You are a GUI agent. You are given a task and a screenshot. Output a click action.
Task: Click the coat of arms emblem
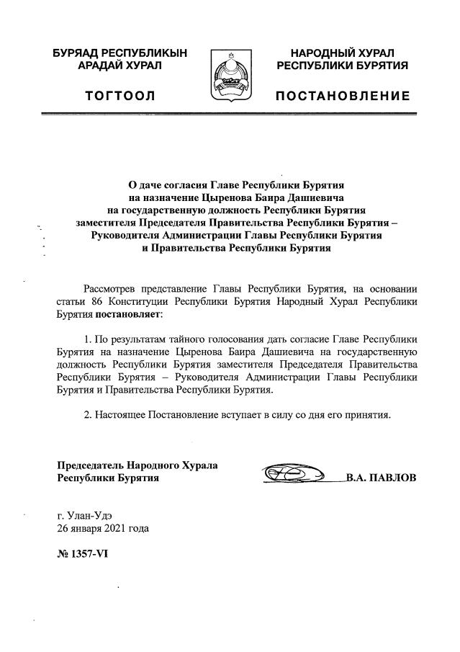(x=230, y=75)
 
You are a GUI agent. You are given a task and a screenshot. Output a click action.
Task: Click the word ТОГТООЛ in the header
(x=119, y=96)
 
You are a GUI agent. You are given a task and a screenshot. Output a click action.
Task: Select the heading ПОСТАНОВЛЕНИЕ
(x=343, y=96)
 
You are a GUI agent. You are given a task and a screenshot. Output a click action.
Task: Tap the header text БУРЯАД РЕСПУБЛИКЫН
(x=119, y=53)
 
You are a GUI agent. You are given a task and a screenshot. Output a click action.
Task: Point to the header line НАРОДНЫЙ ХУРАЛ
(x=343, y=53)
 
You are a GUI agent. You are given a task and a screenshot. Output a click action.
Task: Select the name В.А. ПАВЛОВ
(x=381, y=478)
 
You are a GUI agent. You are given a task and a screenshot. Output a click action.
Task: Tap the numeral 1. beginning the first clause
(x=89, y=338)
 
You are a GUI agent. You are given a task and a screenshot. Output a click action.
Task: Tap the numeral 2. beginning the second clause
(x=89, y=416)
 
